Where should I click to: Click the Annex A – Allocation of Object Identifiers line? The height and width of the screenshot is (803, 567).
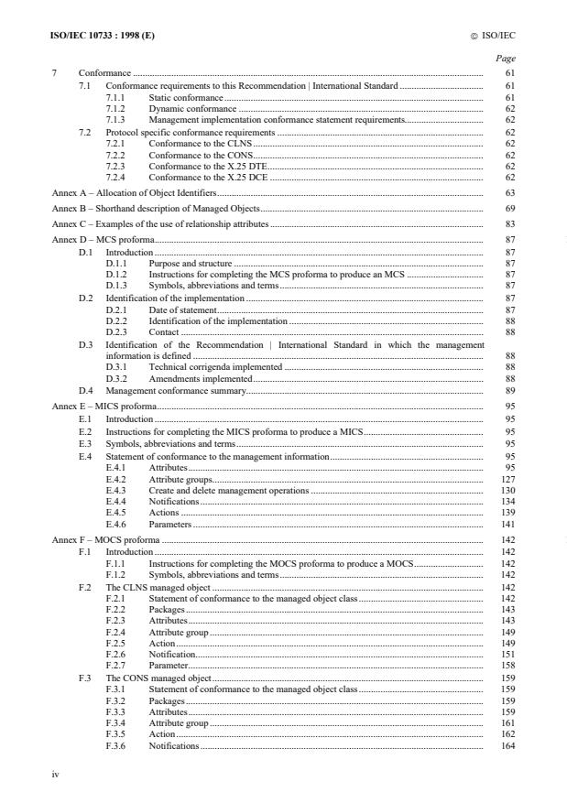(x=135, y=195)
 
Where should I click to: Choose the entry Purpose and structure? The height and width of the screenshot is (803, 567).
(x=191, y=263)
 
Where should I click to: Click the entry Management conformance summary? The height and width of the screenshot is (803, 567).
(x=177, y=390)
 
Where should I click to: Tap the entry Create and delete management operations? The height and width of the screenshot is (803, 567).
(x=229, y=490)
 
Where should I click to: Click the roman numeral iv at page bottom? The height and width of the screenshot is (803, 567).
(x=56, y=774)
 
